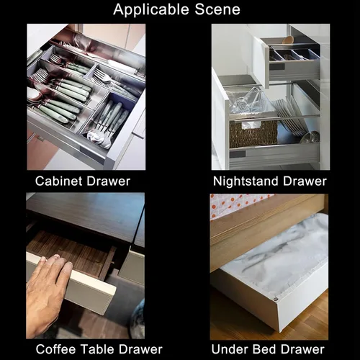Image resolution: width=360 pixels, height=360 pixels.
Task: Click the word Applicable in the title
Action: pyautogui.click(x=152, y=10)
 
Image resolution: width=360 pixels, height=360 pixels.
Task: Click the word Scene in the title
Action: pyautogui.click(x=217, y=9)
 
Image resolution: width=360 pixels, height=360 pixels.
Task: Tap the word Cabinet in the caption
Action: pyautogui.click(x=59, y=181)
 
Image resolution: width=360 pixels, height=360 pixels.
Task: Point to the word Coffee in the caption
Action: pyautogui.click(x=56, y=349)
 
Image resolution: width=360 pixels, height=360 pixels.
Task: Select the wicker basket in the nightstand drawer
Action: pyautogui.click(x=253, y=134)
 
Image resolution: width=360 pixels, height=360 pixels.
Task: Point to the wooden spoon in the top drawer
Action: pyautogui.click(x=288, y=40)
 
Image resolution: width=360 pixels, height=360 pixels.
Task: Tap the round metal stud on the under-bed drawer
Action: pyautogui.click(x=275, y=300)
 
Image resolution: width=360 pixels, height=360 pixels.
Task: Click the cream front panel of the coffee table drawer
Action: pyautogui.click(x=72, y=283)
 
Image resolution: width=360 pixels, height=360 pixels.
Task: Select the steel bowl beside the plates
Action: pyautogui.click(x=311, y=137)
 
